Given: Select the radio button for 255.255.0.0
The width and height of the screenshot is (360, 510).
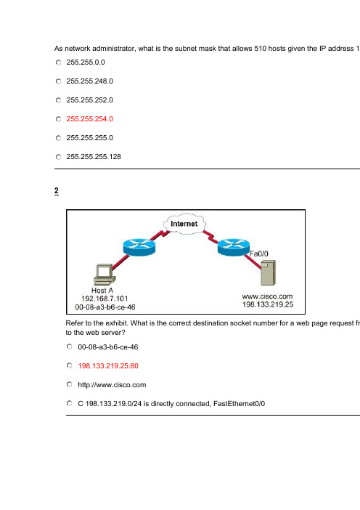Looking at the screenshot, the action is click(59, 62).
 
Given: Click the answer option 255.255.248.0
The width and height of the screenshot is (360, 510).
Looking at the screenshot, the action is click(90, 81).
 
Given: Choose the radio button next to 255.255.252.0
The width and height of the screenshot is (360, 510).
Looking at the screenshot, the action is click(59, 100).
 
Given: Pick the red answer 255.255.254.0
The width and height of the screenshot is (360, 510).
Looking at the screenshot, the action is click(90, 119).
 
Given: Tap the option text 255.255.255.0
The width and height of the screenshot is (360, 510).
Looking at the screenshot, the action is click(90, 138).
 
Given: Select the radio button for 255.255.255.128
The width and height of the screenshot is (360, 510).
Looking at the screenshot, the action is click(59, 157).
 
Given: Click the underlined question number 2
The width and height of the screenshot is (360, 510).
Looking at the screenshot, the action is click(57, 190).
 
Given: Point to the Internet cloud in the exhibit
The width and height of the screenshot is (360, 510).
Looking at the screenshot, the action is click(184, 224).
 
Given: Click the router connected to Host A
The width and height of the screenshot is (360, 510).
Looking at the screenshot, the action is click(139, 247).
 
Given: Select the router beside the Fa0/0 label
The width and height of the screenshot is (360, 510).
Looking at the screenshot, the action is click(234, 247).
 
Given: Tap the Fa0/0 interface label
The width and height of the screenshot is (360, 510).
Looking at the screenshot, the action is click(259, 254).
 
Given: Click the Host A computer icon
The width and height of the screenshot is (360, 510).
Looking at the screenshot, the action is click(105, 275).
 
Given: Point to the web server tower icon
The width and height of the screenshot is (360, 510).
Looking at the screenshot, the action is click(268, 273).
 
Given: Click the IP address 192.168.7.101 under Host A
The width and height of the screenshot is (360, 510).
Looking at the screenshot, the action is click(105, 299).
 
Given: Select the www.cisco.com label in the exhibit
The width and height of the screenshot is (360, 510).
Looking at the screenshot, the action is click(267, 296).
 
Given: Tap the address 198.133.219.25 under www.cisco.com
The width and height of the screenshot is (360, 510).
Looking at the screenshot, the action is click(268, 304).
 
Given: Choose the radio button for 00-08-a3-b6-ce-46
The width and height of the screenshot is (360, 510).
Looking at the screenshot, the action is click(70, 347).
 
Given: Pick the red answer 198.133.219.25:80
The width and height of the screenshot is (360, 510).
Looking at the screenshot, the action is click(108, 366).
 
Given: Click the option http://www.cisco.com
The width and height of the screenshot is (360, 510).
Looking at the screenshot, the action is click(112, 385).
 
